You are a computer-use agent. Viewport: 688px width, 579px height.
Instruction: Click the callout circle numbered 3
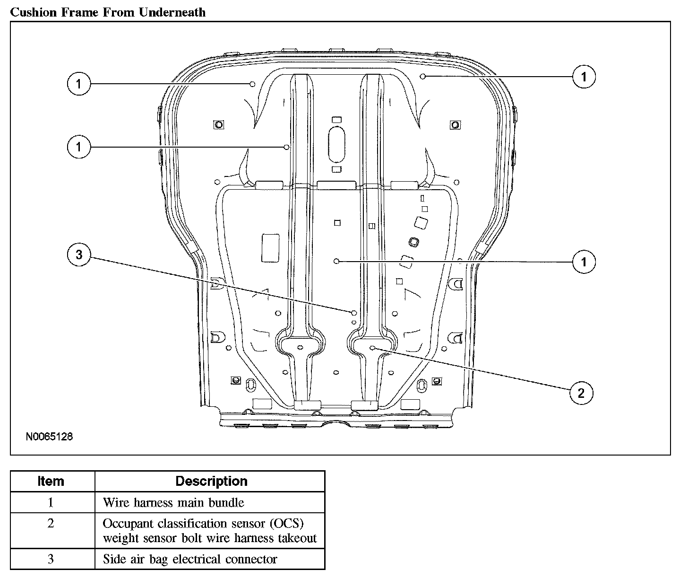[x=79, y=255]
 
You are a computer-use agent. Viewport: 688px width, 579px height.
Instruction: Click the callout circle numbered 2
[x=581, y=393]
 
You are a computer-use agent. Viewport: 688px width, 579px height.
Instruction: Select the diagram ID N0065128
[x=49, y=437]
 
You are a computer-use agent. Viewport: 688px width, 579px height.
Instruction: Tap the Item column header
[x=51, y=481]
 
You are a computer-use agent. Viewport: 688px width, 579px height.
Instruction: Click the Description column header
[x=211, y=481]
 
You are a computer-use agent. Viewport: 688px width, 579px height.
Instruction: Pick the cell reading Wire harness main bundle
[x=173, y=502]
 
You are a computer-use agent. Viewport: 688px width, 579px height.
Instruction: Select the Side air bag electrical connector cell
[x=190, y=559]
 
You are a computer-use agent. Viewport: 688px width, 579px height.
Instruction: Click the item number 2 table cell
[x=51, y=524]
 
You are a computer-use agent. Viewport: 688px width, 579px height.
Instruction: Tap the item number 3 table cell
[x=51, y=559]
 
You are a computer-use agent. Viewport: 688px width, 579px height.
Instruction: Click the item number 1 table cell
[x=51, y=502]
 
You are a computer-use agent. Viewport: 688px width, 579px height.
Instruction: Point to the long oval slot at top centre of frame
[x=336, y=143]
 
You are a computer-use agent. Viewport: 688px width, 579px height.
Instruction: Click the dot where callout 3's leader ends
[x=353, y=312]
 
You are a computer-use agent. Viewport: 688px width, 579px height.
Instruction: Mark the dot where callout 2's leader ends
[x=373, y=348]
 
